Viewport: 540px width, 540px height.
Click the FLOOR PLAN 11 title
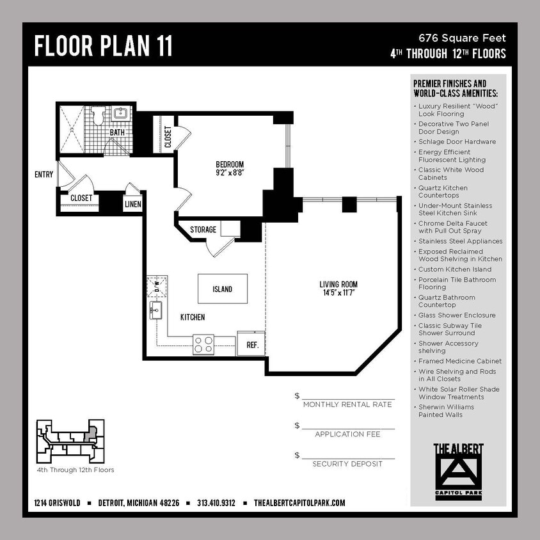[103, 46]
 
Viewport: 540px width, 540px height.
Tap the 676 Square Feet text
[462, 38]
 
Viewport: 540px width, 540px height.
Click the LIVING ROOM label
[338, 285]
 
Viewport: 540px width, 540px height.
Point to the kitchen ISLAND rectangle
[222, 289]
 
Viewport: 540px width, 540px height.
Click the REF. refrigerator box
[251, 344]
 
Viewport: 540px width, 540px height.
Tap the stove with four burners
[204, 345]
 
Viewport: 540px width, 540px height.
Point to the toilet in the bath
[98, 116]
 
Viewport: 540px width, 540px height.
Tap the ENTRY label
[44, 175]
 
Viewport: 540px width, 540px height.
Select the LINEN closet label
[133, 204]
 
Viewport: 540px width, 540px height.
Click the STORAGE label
[203, 230]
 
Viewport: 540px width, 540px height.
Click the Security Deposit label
[347, 464]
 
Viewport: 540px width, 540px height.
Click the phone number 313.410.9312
[216, 503]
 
